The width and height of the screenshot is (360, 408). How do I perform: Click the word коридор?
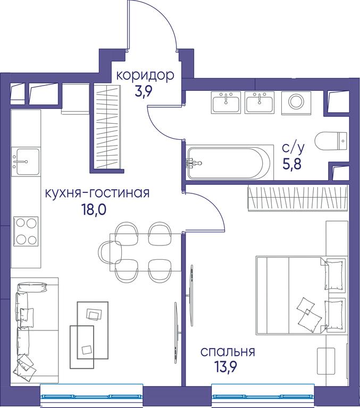click(x=145, y=76)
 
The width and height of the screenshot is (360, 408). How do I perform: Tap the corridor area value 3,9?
click(x=143, y=91)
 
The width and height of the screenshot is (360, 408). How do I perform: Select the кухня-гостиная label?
click(x=97, y=193)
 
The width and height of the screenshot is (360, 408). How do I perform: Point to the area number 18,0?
click(x=94, y=209)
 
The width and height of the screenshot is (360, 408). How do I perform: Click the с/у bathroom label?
click(x=293, y=148)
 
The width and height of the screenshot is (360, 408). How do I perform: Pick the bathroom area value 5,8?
click(x=292, y=164)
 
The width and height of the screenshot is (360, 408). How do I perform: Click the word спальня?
click(x=228, y=352)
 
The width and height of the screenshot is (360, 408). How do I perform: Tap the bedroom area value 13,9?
click(x=225, y=368)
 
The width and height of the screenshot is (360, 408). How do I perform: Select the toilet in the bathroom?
click(x=331, y=141)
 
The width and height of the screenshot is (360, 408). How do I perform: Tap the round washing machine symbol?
click(x=296, y=103)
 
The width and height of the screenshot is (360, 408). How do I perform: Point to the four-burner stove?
click(x=26, y=231)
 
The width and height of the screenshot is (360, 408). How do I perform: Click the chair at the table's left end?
click(x=110, y=252)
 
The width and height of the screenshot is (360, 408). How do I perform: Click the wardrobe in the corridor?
click(x=107, y=127)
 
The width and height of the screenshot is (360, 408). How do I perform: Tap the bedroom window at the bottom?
click(x=263, y=395)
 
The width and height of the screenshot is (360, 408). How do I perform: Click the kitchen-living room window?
click(x=91, y=395)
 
